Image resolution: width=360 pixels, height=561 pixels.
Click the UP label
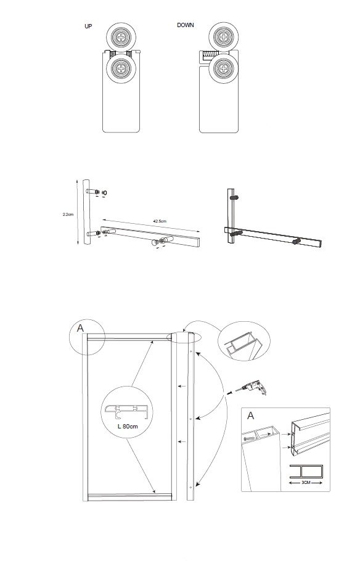[x=88, y=26]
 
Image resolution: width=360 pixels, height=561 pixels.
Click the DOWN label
[x=186, y=25]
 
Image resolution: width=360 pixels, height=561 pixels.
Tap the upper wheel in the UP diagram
[x=121, y=37]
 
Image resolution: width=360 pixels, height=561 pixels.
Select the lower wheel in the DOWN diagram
[x=223, y=68]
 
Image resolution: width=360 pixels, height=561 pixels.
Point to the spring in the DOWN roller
[x=211, y=55]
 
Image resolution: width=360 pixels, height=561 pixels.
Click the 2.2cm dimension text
[x=68, y=215]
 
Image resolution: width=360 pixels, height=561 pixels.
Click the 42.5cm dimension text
[x=160, y=221]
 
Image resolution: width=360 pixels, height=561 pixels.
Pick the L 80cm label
[x=128, y=426]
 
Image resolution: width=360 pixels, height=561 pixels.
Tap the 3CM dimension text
[x=306, y=483]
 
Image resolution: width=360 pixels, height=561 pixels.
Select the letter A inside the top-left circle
[x=80, y=328]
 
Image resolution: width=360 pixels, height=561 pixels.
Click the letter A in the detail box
[x=250, y=416]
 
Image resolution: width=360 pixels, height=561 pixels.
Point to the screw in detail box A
[x=249, y=437]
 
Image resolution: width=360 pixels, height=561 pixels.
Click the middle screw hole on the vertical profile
[x=190, y=419]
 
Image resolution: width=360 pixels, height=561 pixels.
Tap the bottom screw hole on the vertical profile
[x=190, y=487]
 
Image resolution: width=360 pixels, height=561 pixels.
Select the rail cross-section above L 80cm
[x=126, y=411]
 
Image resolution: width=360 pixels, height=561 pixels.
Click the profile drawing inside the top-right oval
[x=243, y=345]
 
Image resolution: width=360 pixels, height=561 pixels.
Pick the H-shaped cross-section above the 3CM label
[x=306, y=471]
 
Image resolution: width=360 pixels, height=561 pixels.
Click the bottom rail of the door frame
[x=129, y=497]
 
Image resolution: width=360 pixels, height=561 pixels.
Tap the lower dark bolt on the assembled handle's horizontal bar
[x=297, y=242]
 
